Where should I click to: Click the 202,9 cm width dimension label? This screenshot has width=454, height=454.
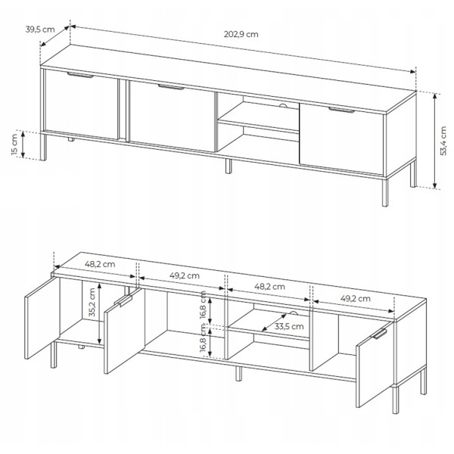point(241,34)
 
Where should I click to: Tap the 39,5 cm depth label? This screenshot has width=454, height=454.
point(40,30)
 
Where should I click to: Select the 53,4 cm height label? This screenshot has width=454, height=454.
point(443,141)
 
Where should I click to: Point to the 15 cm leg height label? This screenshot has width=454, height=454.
point(15,145)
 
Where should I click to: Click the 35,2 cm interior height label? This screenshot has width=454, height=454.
point(92,302)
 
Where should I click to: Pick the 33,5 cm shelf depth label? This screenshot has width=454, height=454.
point(289,326)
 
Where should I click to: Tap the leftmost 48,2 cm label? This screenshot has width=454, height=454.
point(100,264)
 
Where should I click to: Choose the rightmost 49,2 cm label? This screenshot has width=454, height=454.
point(356,299)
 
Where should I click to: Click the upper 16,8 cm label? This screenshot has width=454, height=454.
point(203,305)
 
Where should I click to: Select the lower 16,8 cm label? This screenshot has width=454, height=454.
point(203,338)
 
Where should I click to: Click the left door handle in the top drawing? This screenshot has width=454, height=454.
point(80,75)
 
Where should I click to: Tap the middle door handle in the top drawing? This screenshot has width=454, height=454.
point(171,87)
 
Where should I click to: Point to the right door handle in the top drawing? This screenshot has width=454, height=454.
point(341,110)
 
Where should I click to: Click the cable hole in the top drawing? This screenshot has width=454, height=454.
point(284,105)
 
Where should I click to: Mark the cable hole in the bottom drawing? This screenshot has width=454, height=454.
point(294,313)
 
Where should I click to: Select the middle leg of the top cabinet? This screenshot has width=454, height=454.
point(229,166)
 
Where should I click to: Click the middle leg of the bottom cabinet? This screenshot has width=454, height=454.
point(238,374)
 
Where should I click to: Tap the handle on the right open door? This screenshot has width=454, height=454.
point(379,334)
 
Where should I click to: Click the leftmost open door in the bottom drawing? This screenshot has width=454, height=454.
point(42,318)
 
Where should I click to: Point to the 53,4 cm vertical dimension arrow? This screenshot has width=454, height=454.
point(434,141)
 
